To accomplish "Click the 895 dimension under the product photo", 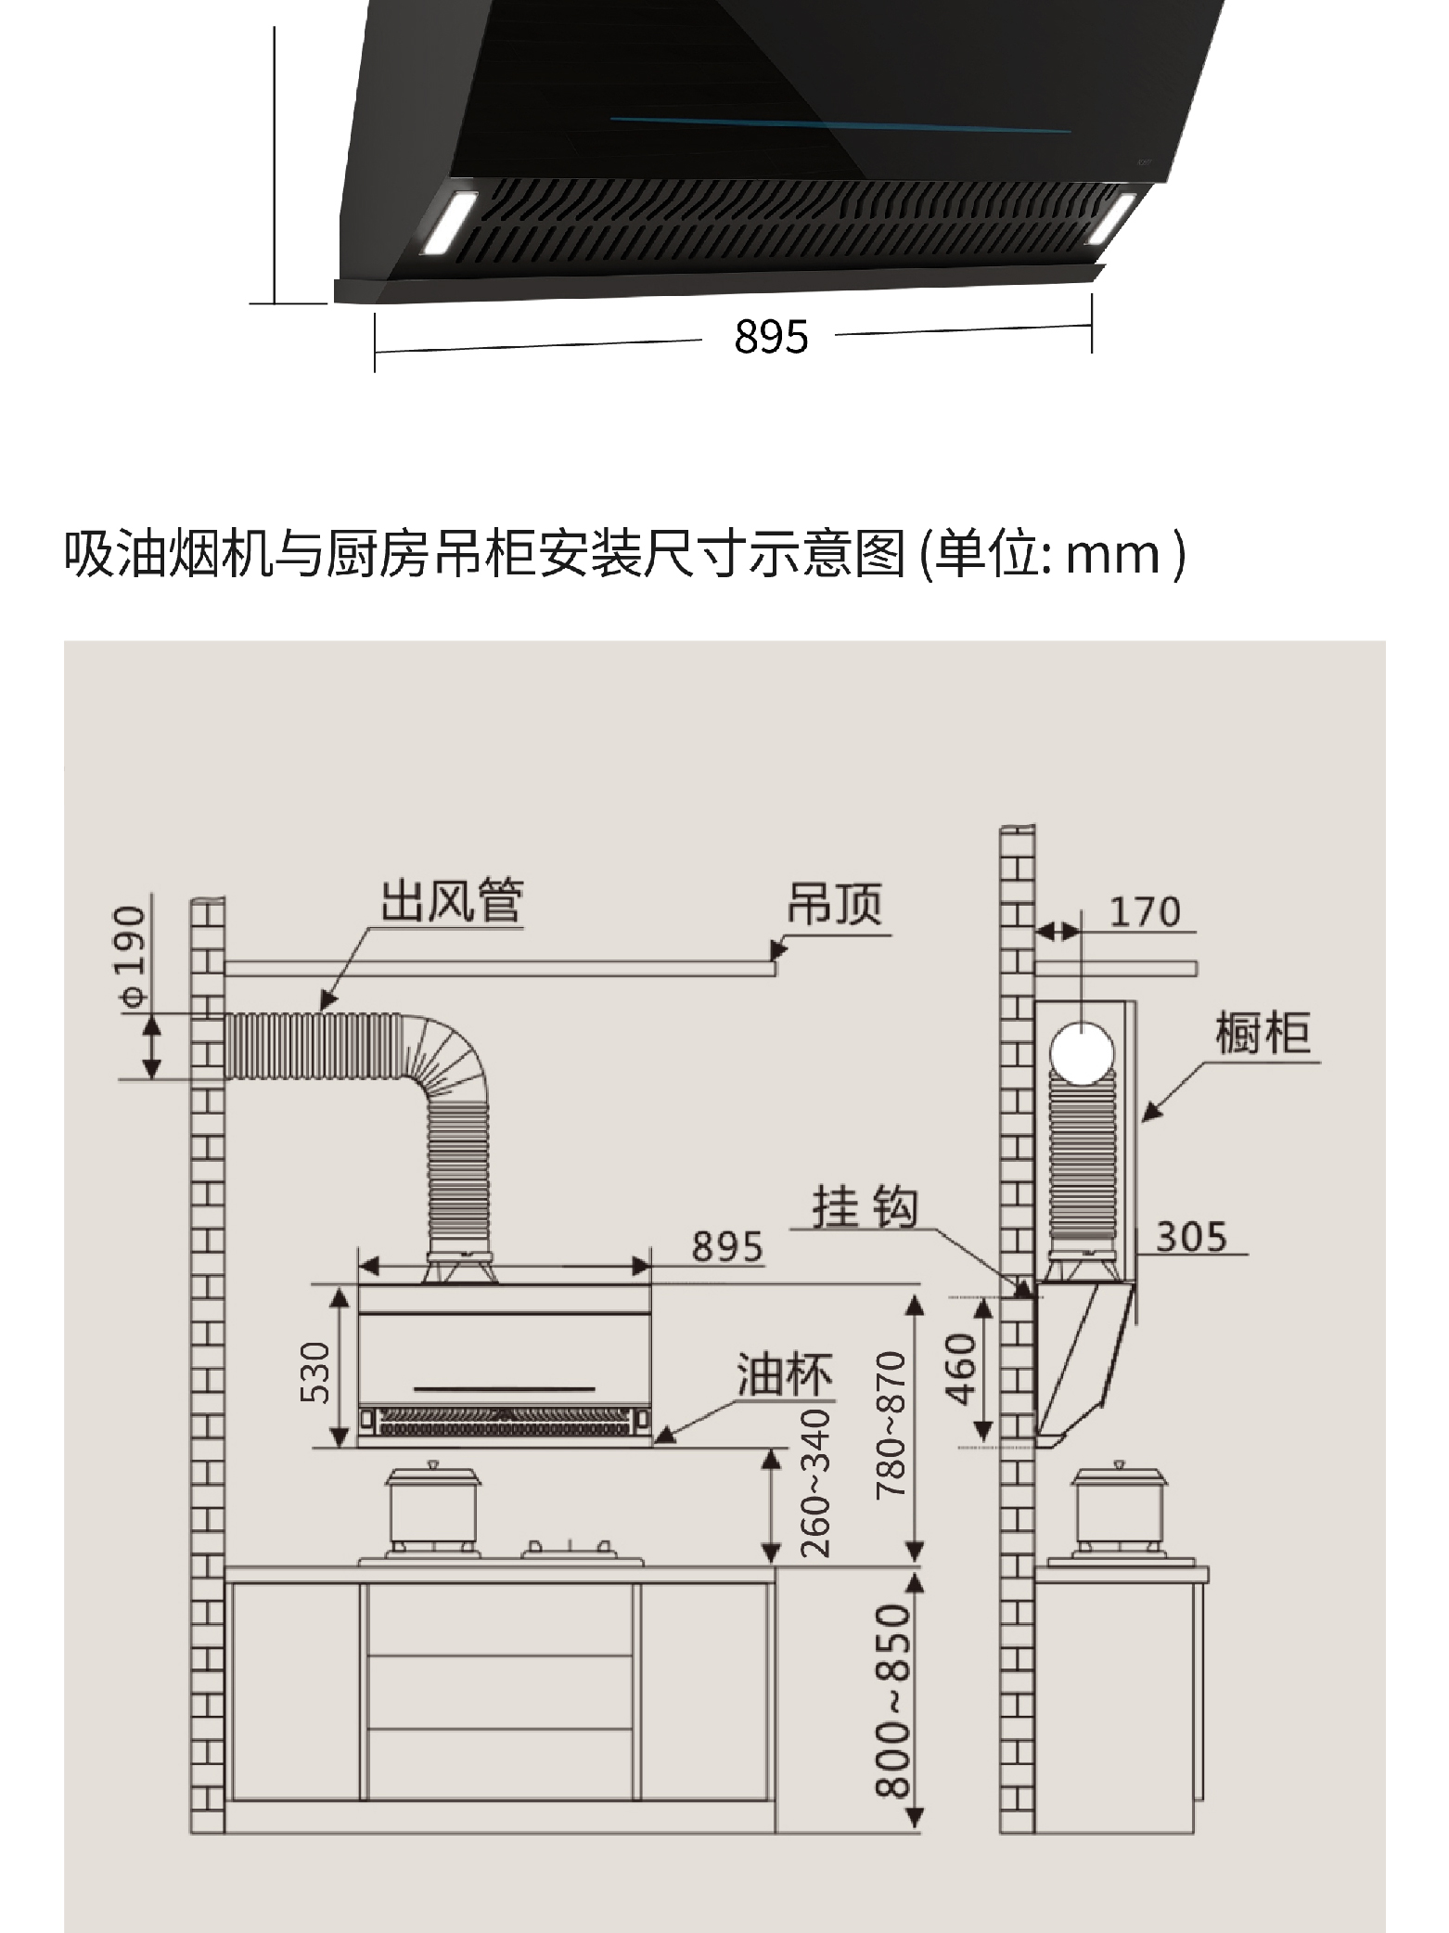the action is (x=771, y=336).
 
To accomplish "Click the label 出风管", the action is (x=453, y=900).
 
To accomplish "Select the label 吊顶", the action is (x=834, y=902).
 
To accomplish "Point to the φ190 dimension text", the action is (x=134, y=957).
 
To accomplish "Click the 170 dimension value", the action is (x=1145, y=912).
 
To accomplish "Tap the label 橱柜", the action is (x=1263, y=1033).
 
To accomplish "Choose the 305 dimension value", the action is (x=1191, y=1236).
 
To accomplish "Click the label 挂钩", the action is (x=865, y=1207).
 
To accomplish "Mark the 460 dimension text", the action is (x=962, y=1370).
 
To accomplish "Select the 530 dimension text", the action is (x=314, y=1372).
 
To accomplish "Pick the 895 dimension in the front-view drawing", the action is (x=727, y=1246).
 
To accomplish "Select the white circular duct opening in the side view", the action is (x=1081, y=1051).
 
